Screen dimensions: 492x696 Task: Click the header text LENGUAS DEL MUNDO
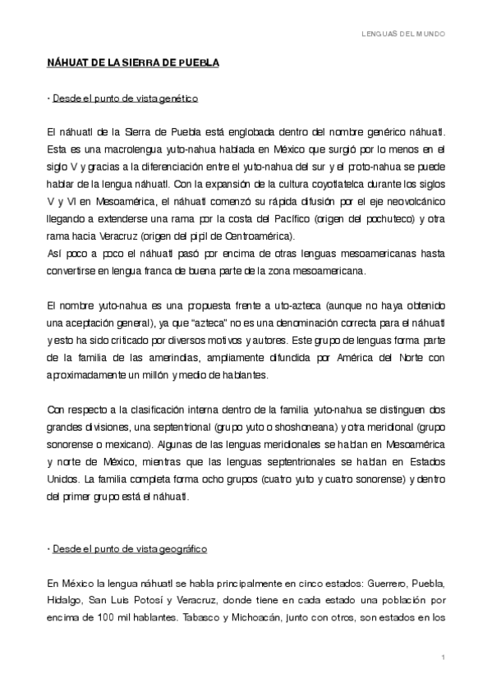coord(404,34)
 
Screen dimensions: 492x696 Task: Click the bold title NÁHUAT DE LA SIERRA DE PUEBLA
coord(132,62)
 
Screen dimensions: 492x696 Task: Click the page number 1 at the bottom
coord(442,658)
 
